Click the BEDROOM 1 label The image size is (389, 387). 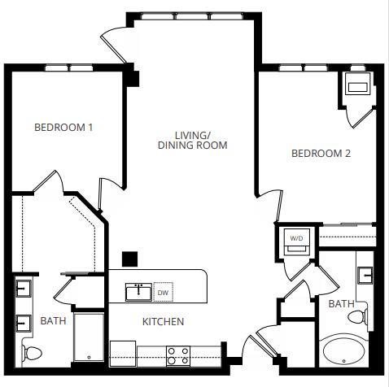click(x=63, y=128)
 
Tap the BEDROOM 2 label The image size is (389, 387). click(x=321, y=153)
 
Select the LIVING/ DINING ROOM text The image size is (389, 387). click(x=192, y=140)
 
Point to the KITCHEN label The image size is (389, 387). click(x=163, y=322)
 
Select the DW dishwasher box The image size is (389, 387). click(x=163, y=293)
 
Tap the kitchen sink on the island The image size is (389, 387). click(x=137, y=291)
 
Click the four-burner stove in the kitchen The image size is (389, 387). click(x=178, y=354)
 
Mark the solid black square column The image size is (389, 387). click(x=129, y=259)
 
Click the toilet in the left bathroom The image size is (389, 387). click(x=31, y=353)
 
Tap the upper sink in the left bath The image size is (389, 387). click(x=22, y=288)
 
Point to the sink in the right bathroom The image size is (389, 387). click(x=366, y=276)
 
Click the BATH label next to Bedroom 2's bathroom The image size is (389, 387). click(x=341, y=304)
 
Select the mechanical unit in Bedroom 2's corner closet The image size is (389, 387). click(x=357, y=85)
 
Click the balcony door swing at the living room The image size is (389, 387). click(x=114, y=46)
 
